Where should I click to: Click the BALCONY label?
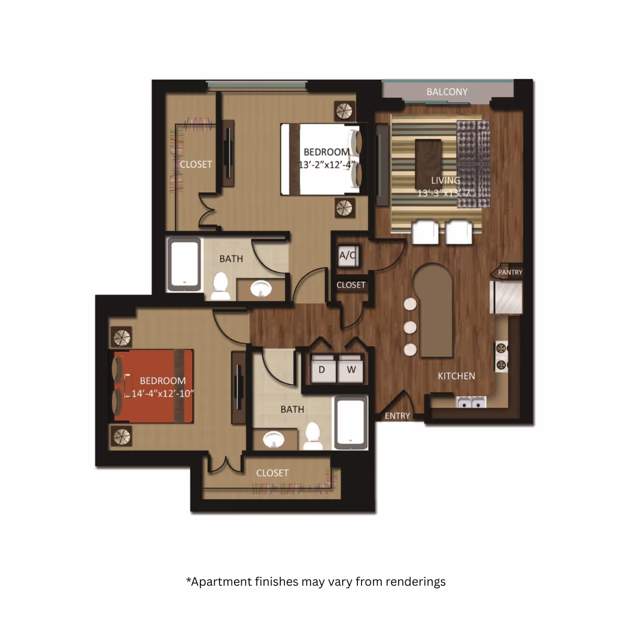(447, 92)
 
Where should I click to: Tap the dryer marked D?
(321, 370)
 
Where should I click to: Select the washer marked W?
(351, 370)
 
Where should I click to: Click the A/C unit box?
(347, 255)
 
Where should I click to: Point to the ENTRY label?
(397, 416)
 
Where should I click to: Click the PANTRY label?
(510, 272)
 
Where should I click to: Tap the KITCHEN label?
(456, 376)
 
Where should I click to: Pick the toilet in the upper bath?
(221, 286)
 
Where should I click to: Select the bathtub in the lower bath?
(351, 422)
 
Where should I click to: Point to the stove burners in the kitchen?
(501, 356)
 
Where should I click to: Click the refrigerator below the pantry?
(506, 297)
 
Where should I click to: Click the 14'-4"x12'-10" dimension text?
(162, 394)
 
